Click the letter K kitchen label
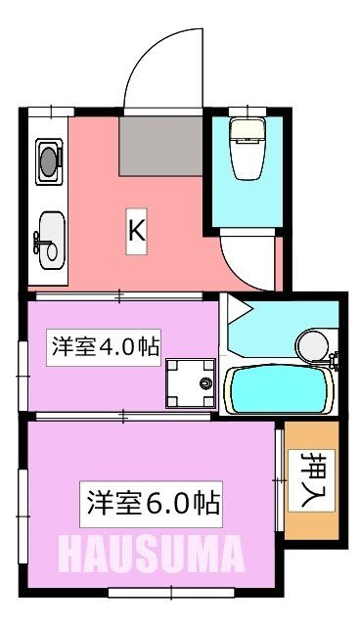pyautogui.click(x=138, y=231)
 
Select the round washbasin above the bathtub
pyautogui.click(x=313, y=344)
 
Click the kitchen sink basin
pyautogui.click(x=50, y=235)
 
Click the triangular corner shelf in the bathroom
pyautogui.click(x=239, y=314)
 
